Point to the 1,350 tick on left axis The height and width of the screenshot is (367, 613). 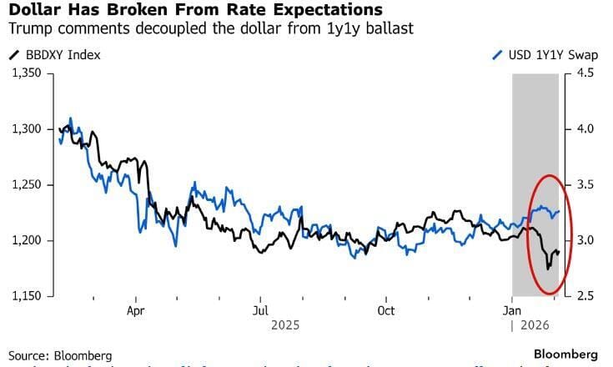[x=25, y=73]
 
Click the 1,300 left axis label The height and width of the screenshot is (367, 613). [x=25, y=129]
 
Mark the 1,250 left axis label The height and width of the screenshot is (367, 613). [x=25, y=185]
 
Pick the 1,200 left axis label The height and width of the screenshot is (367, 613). [x=25, y=241]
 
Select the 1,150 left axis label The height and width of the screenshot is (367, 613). [x=25, y=296]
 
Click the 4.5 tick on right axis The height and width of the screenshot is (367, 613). [x=584, y=73]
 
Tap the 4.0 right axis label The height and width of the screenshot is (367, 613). [x=584, y=129]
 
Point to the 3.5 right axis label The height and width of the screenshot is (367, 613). [x=584, y=185]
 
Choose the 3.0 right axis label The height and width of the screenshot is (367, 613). [x=584, y=241]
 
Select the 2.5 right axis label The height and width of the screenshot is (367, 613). [x=584, y=296]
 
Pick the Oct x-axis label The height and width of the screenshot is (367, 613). [x=386, y=310]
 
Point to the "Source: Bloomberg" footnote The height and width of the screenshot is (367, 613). [x=61, y=355]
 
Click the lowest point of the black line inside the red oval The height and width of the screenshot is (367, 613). [x=548, y=269]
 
